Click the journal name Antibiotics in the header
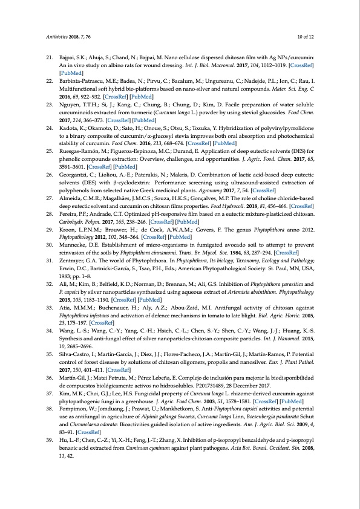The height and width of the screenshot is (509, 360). point(58,37)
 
